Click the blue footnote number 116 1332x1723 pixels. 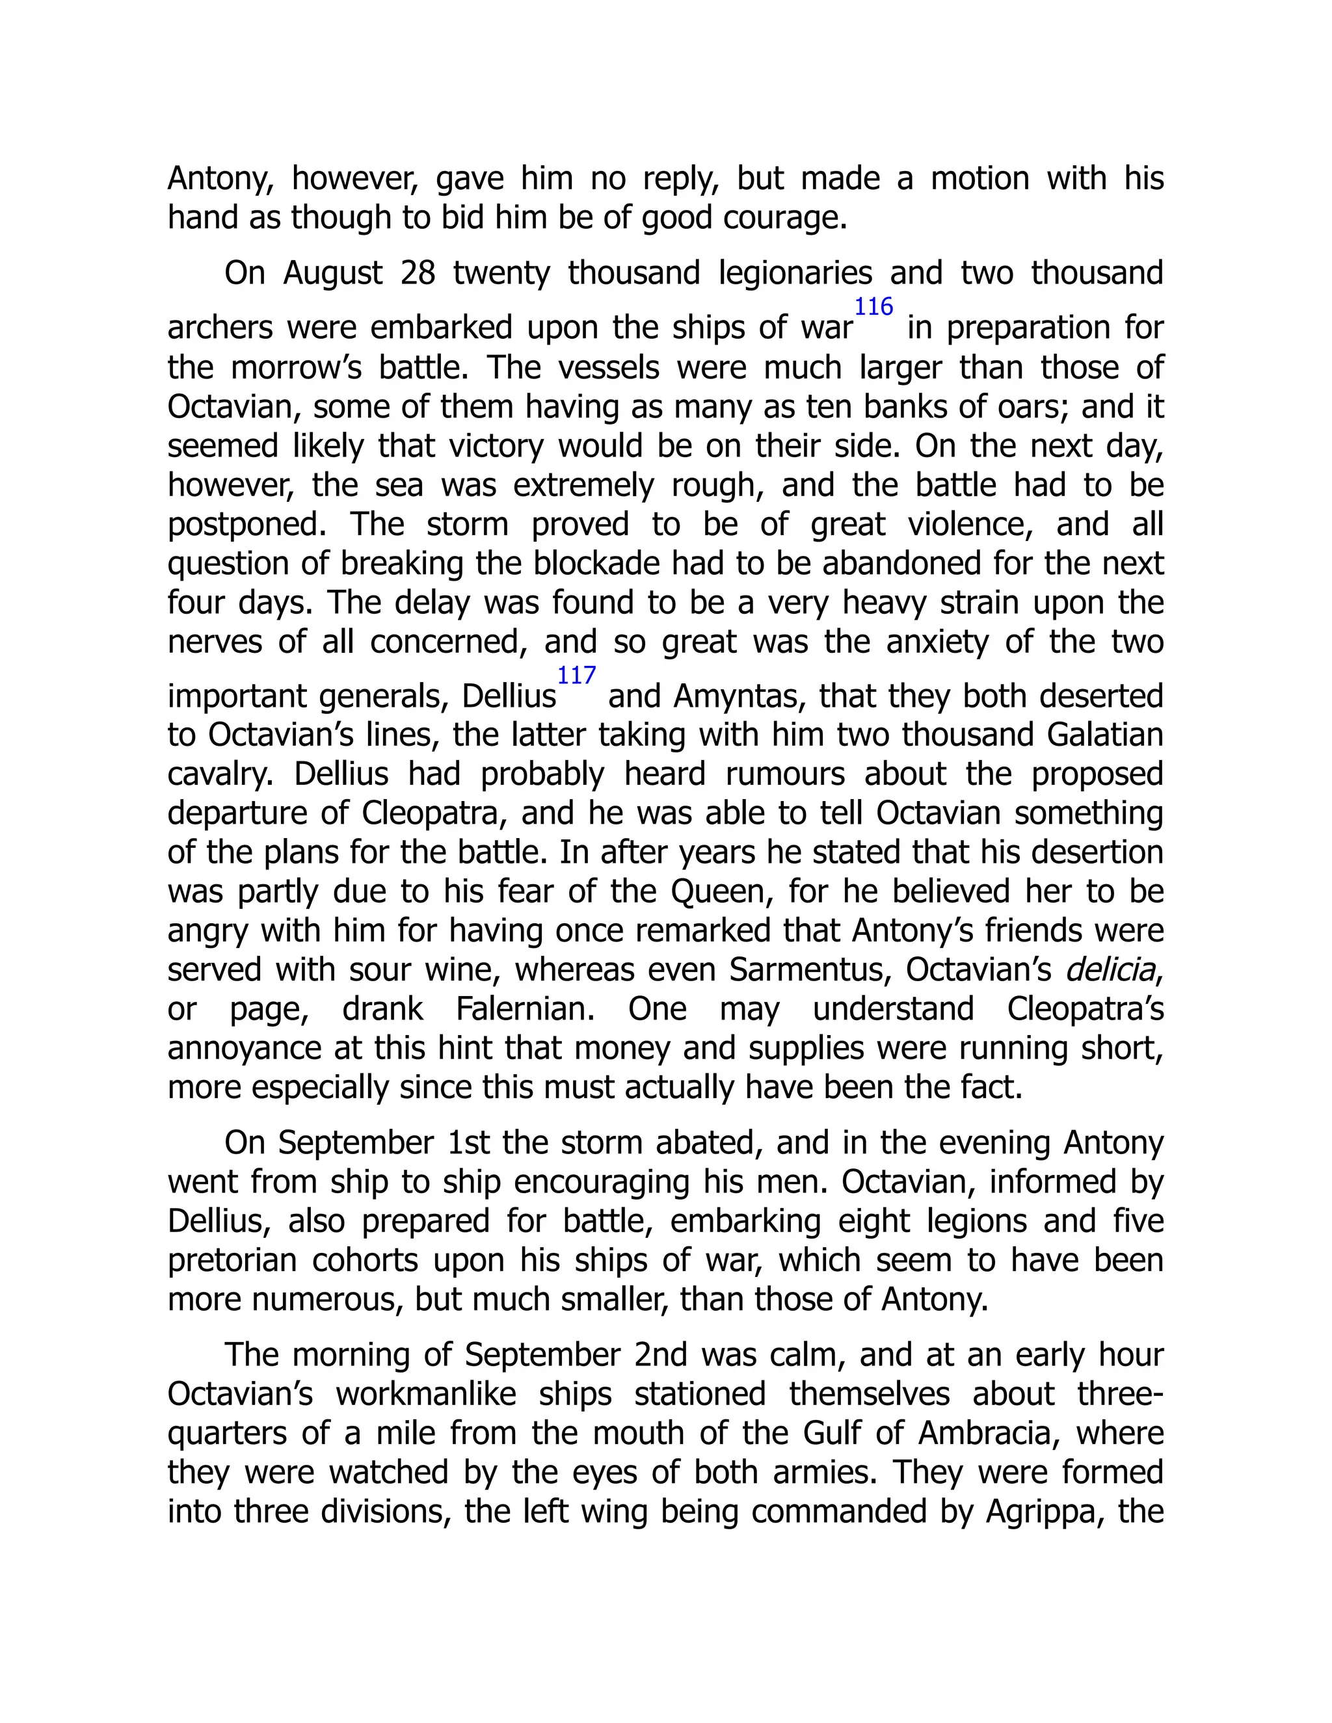tap(873, 307)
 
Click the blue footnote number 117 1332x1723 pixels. tap(576, 676)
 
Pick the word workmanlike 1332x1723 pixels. tap(426, 1394)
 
